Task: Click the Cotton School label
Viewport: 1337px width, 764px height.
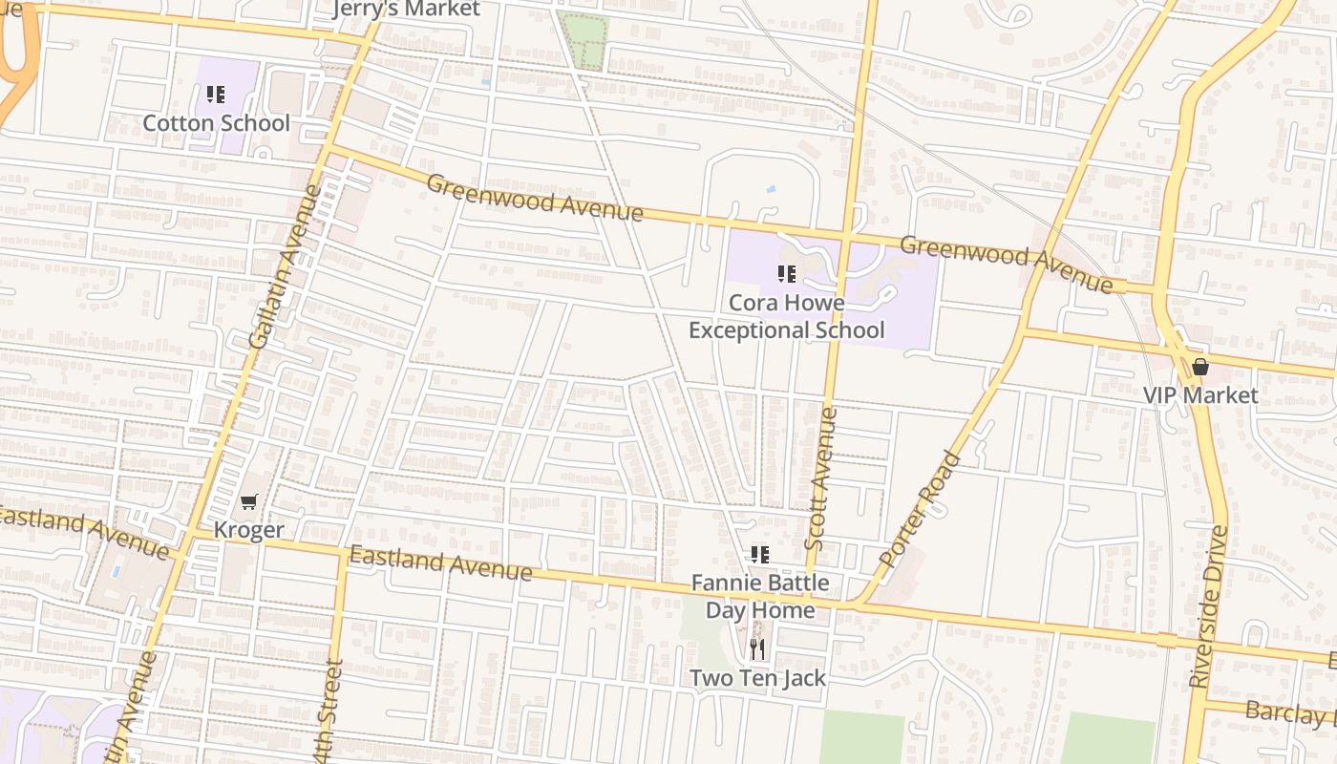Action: (x=216, y=123)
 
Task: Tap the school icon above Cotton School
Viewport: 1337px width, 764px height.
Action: (x=216, y=95)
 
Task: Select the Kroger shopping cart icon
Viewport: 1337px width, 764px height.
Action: (x=249, y=501)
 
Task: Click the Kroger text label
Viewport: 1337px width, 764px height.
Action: (x=248, y=530)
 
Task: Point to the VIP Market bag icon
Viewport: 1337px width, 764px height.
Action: (x=1200, y=367)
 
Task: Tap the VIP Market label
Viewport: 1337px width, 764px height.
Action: (x=1200, y=395)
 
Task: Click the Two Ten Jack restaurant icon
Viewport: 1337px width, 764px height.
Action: (x=757, y=650)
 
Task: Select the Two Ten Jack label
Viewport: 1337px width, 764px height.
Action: (x=757, y=678)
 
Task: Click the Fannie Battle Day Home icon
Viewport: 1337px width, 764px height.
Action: (x=759, y=555)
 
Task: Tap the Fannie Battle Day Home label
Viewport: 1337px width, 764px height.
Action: (x=760, y=596)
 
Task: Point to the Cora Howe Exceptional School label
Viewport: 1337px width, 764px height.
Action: (x=786, y=317)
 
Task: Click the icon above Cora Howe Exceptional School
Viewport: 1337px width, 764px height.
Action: (x=786, y=275)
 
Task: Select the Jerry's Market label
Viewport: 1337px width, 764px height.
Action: (x=406, y=10)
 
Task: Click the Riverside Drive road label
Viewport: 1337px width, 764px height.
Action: (x=1210, y=605)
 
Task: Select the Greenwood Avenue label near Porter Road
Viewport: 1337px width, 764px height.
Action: (x=1006, y=264)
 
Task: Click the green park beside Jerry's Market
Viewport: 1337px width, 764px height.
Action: (x=583, y=41)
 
